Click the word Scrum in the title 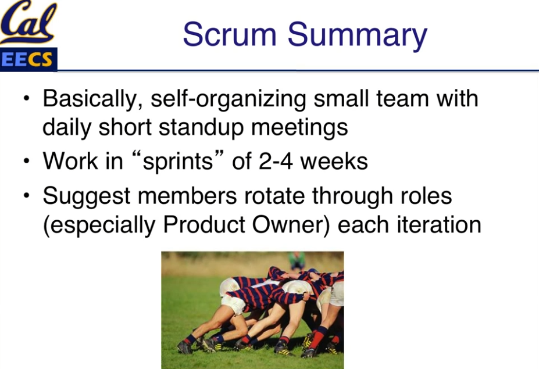click(x=230, y=34)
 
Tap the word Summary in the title click(x=357, y=36)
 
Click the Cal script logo click(x=28, y=22)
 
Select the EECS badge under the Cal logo click(x=28, y=59)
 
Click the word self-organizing click(x=228, y=99)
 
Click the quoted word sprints click(x=178, y=162)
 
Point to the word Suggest click(x=86, y=197)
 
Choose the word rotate click(x=274, y=196)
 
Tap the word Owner click(x=291, y=225)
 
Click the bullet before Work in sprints click(x=27, y=160)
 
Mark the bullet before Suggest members click(x=27, y=195)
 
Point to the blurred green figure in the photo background click(x=297, y=260)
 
